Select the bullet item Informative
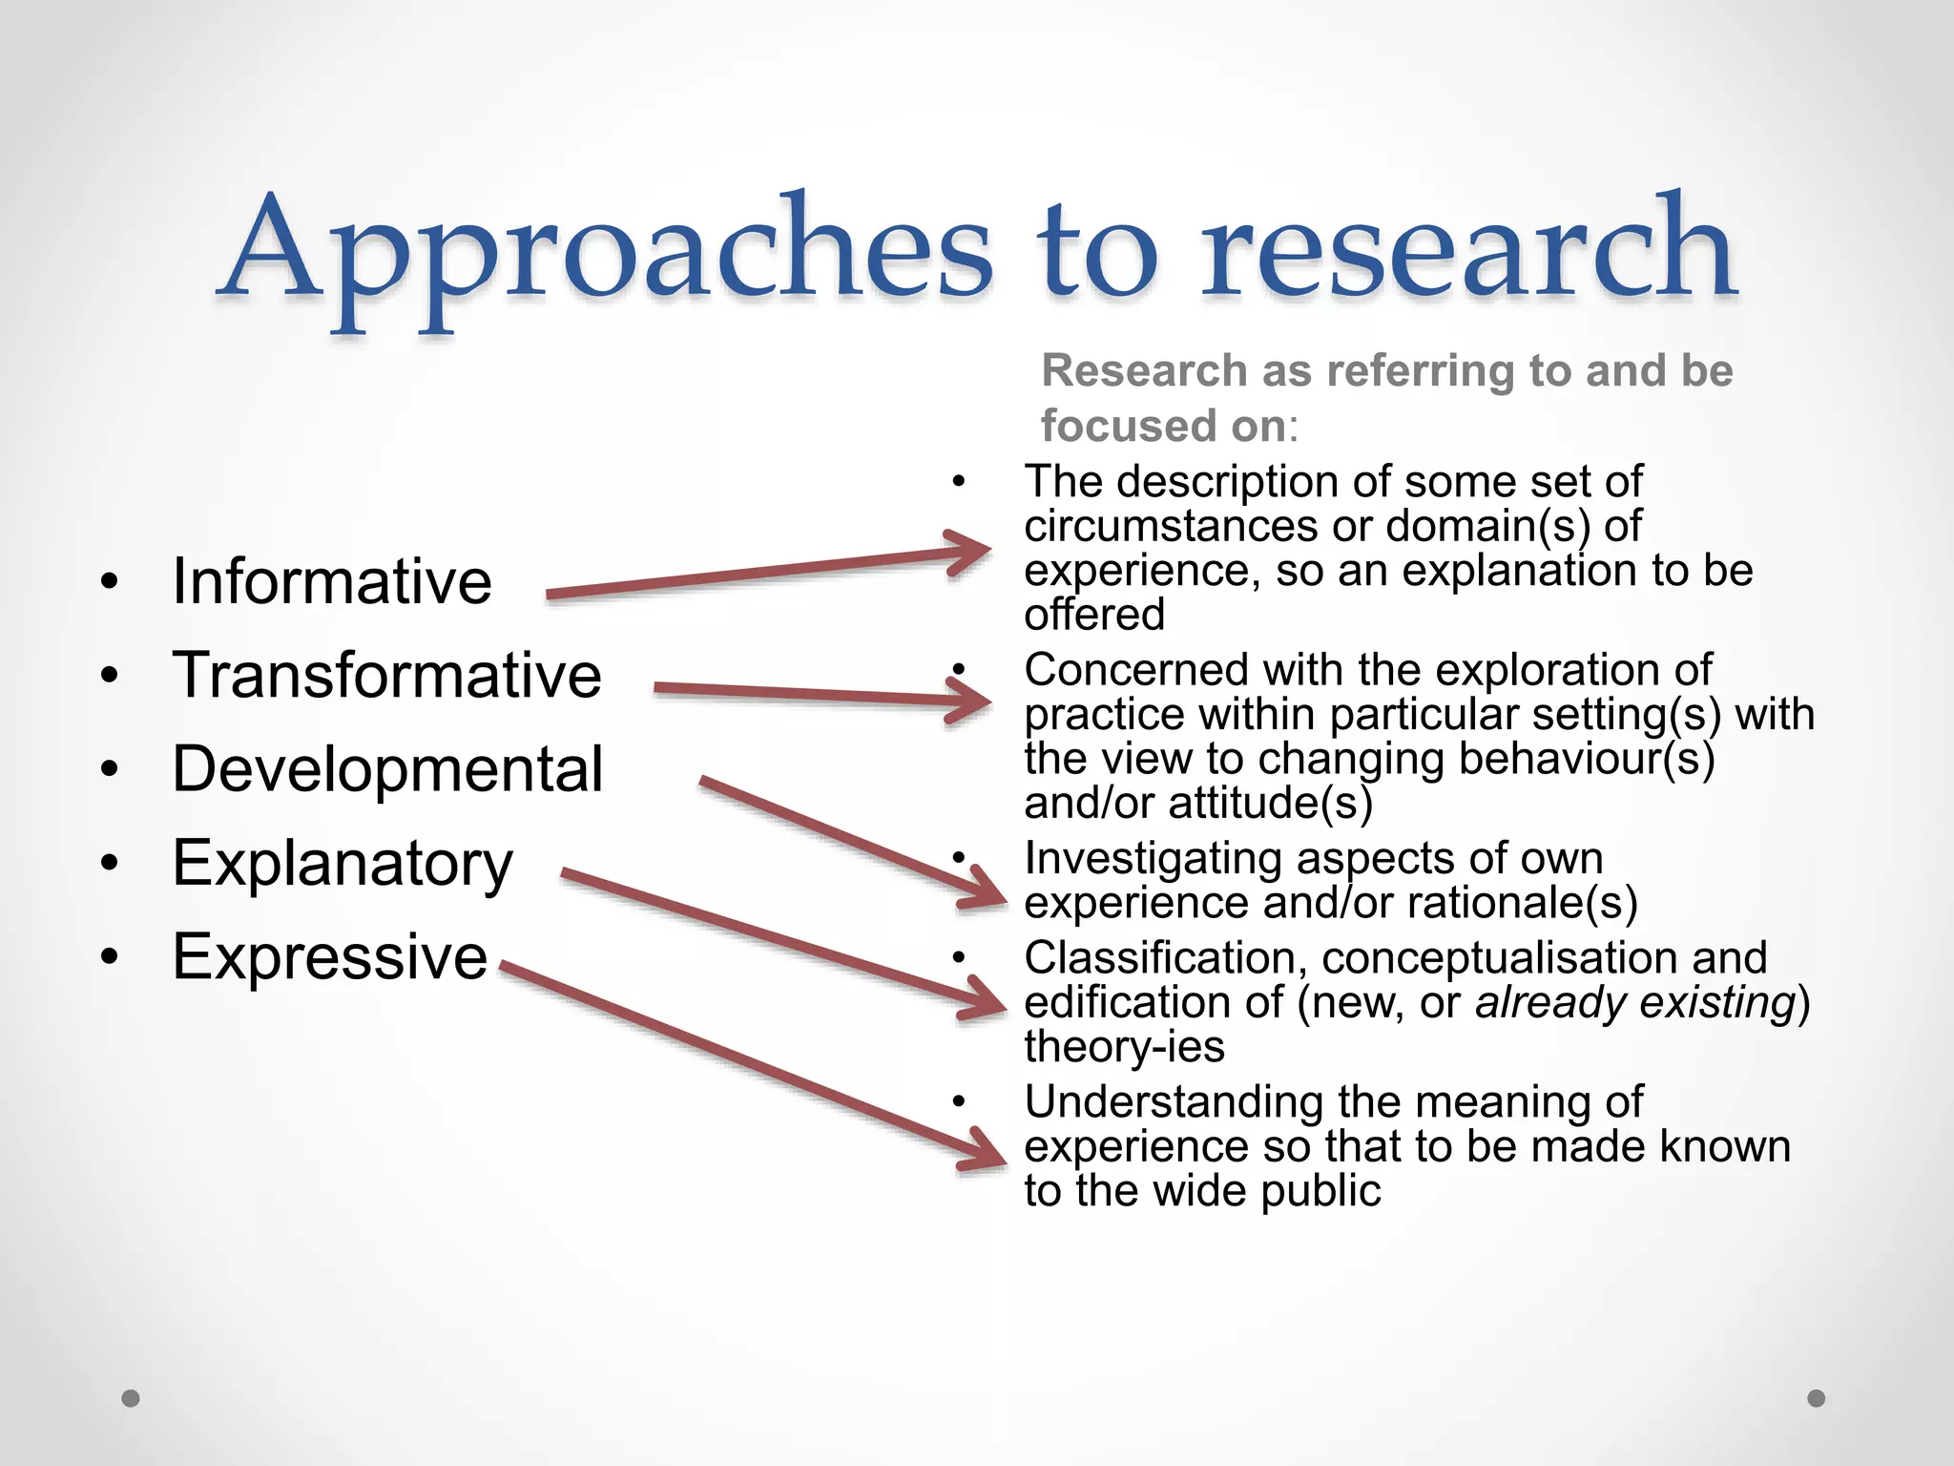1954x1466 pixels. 332,581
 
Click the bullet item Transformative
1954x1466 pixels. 386,675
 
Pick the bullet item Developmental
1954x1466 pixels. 387,769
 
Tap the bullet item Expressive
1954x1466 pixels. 329,956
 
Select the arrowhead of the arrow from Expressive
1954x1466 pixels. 987,1155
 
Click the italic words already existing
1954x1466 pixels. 1635,1002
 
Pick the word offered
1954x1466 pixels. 1094,614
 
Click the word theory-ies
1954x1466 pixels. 1124,1047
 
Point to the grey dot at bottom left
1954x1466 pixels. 132,1398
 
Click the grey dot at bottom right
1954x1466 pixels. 1817,1398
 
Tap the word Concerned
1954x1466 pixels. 1135,670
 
